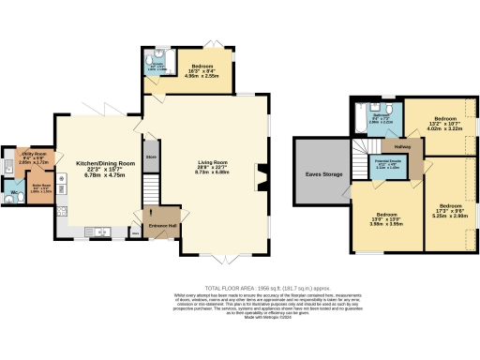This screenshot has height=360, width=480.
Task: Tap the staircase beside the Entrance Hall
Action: [149, 202]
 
